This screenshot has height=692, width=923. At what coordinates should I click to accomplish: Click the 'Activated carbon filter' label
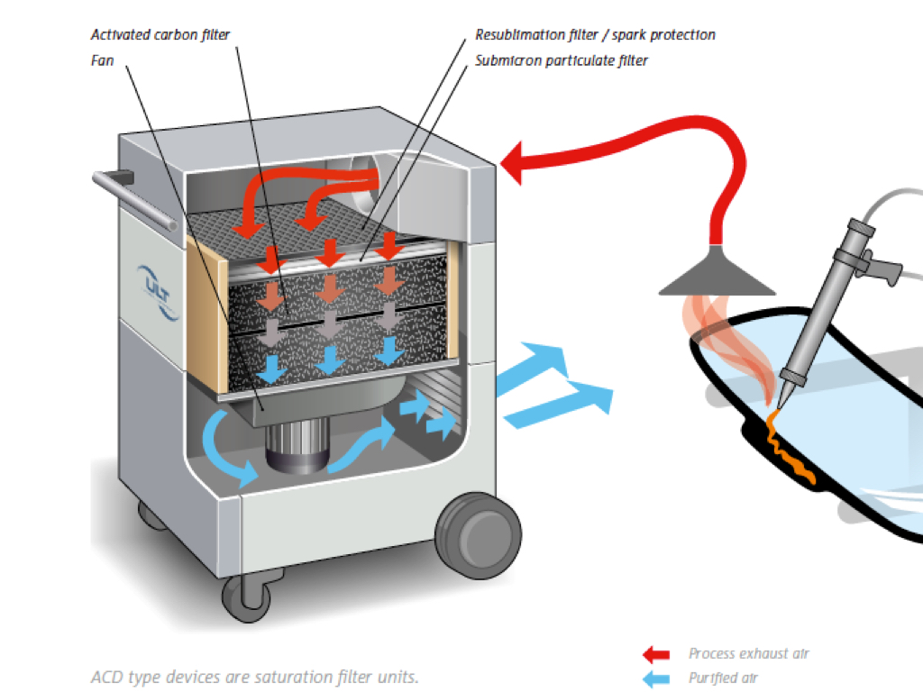(160, 35)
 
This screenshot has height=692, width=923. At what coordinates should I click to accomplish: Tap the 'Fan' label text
(102, 60)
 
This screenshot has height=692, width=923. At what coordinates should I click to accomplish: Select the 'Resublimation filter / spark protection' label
(595, 35)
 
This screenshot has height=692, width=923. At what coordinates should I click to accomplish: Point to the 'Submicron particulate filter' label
(562, 60)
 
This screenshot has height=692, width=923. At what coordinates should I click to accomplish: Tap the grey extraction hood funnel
(717, 274)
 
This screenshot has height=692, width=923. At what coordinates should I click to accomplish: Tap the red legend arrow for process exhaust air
(655, 653)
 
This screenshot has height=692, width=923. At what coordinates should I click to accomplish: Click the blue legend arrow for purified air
(655, 678)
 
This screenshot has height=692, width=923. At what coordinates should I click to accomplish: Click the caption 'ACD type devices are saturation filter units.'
(255, 677)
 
